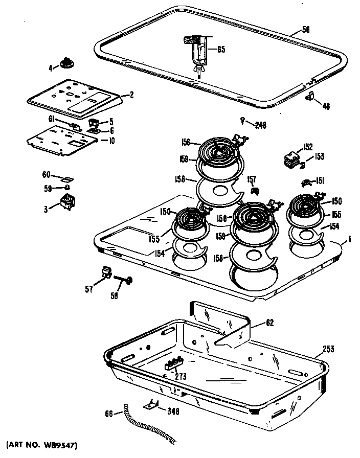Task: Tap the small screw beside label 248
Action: coord(241,120)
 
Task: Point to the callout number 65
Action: coord(221,50)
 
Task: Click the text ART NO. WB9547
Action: coord(43,446)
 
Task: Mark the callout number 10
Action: coord(111,140)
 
